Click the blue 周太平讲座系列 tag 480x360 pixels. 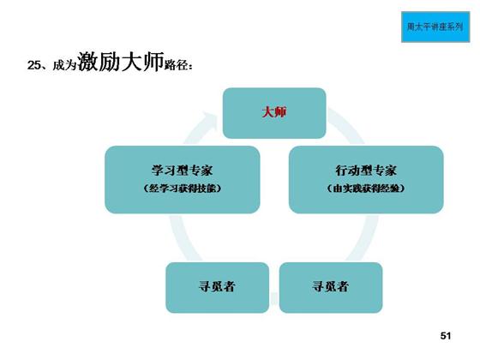point(435,27)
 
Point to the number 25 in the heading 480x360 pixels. point(34,65)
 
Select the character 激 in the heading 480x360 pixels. point(87,62)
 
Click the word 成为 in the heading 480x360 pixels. point(64,65)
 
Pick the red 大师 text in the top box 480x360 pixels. point(274,112)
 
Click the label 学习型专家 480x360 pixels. point(182,171)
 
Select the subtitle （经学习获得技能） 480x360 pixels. point(182,189)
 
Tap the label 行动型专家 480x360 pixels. point(366,171)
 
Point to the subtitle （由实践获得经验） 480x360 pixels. point(366,189)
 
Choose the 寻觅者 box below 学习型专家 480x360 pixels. point(218,287)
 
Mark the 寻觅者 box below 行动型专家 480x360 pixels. point(331,287)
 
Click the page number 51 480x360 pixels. point(446,336)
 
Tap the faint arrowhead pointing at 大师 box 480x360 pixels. point(209,119)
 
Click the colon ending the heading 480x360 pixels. point(190,66)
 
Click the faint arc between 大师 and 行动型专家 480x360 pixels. point(348,125)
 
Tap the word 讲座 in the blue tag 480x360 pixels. point(439,27)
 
